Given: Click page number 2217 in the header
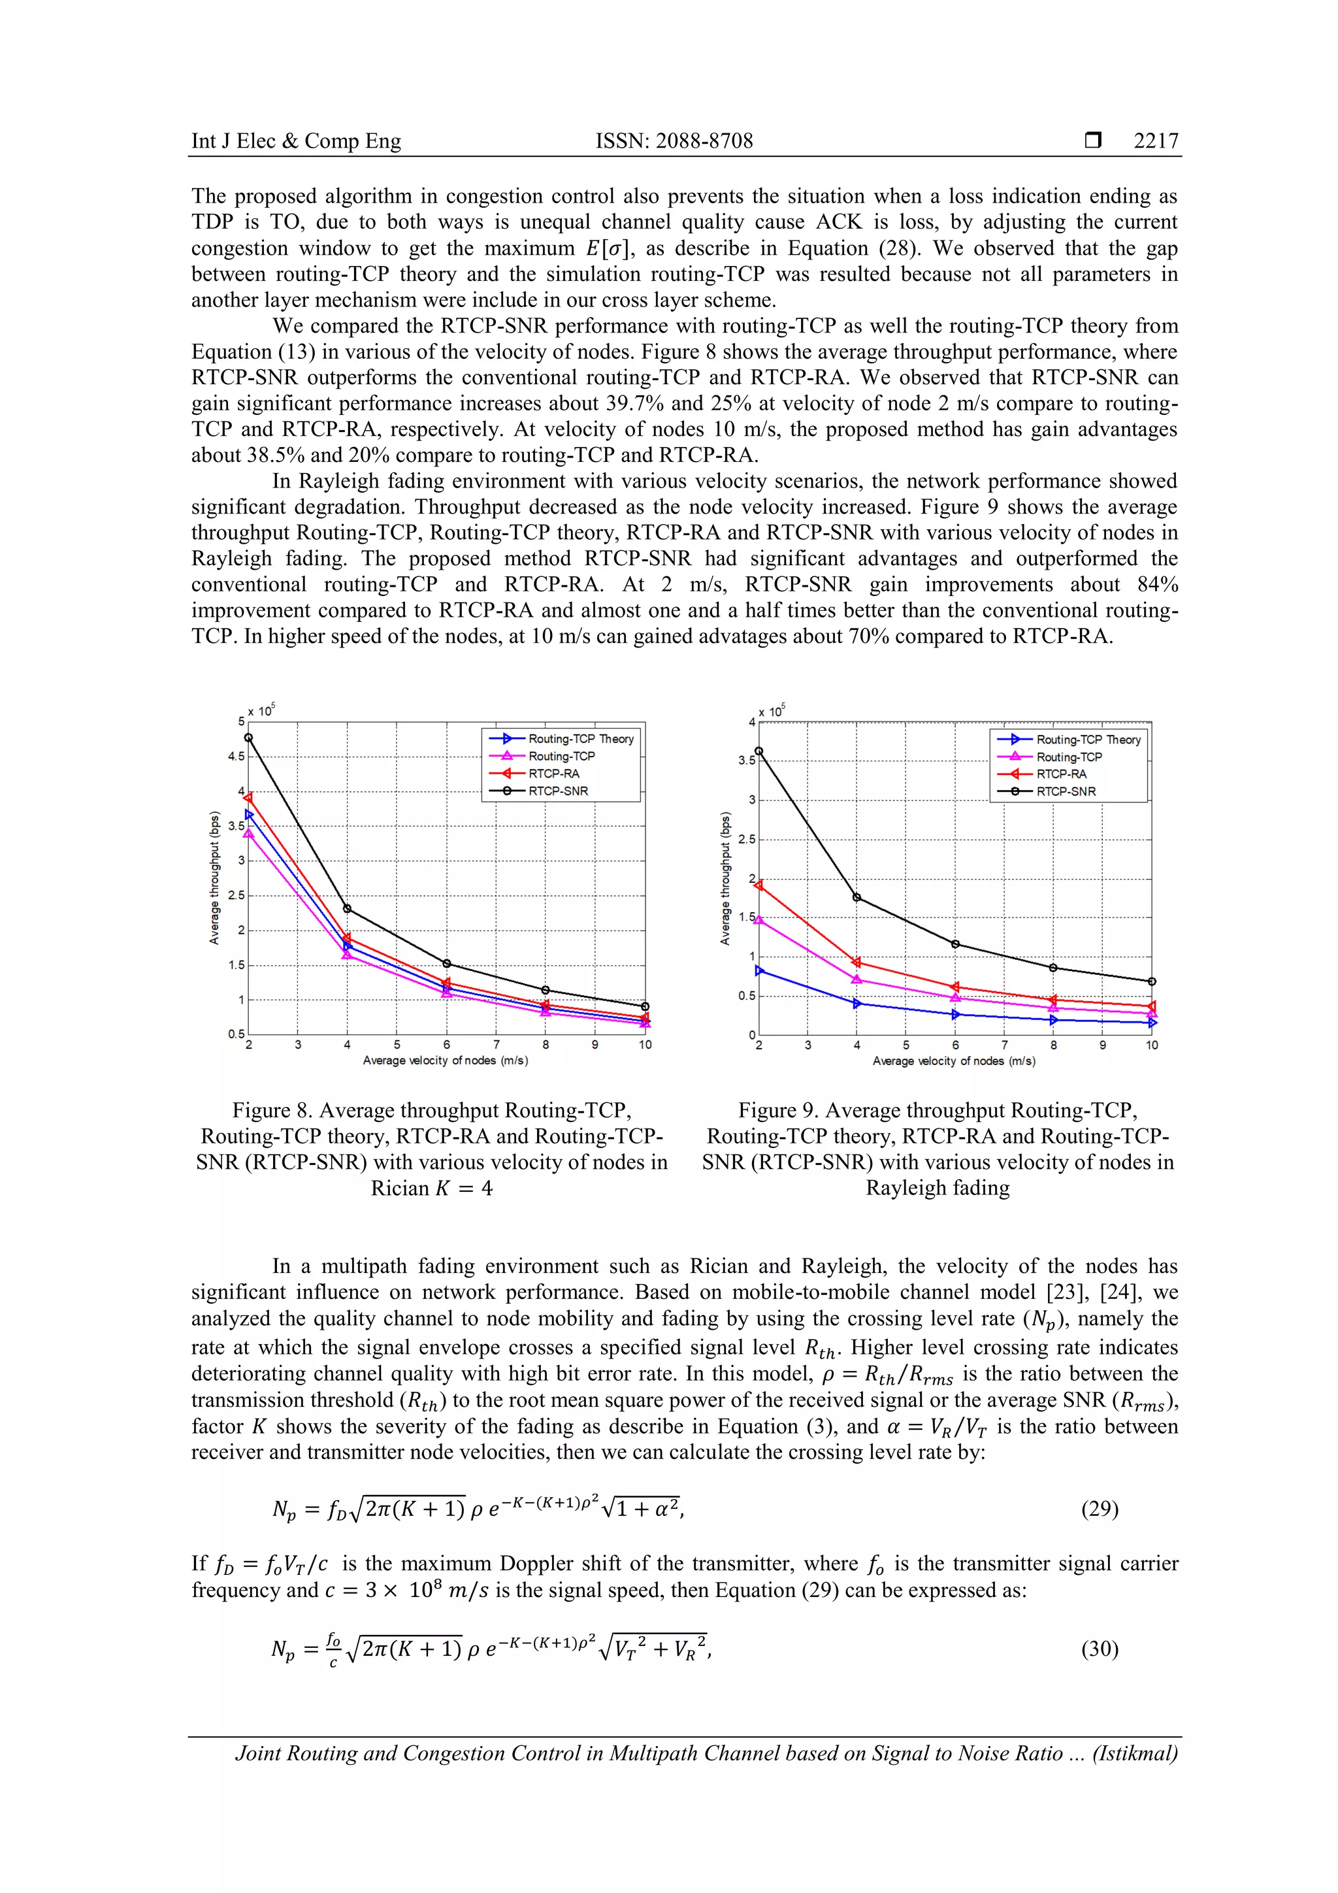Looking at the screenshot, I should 1156,141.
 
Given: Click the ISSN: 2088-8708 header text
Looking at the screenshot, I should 674,141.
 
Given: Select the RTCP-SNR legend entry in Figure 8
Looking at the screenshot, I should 558,791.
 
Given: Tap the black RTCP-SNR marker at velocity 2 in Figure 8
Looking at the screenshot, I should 248,738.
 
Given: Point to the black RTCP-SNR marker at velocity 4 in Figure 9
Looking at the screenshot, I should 857,897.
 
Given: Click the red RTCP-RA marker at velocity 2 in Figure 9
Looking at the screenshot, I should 759,885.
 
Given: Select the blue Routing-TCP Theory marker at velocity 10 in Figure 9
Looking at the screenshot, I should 1152,1023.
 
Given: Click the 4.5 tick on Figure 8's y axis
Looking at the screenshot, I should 237,756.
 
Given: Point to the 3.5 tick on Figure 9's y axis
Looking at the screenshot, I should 746,760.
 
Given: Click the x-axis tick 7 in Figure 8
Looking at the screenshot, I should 497,1045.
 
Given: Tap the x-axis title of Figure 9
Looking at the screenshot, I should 954,1061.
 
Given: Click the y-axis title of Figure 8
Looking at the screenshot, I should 214,878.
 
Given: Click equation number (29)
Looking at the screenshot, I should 1099,1509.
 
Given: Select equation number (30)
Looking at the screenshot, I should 1099,1649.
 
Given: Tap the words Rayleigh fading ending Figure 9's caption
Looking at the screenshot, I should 938,1188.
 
